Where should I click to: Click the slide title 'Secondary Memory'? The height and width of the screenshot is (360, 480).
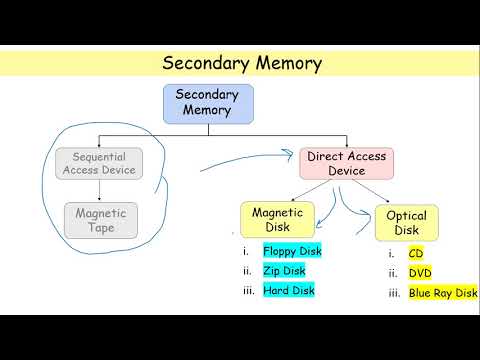243,64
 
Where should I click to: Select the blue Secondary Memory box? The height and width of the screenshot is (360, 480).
208,102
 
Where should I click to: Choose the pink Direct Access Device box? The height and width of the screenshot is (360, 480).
347,164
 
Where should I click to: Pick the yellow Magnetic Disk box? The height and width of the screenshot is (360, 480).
277,219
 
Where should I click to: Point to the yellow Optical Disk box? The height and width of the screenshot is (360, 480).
406,223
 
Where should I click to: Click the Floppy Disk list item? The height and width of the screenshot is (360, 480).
292,251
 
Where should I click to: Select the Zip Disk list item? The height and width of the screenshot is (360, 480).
284,270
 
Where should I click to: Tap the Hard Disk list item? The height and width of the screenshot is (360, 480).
289,290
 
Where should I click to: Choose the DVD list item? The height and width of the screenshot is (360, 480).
421,273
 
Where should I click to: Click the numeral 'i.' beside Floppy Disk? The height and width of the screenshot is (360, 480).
245,251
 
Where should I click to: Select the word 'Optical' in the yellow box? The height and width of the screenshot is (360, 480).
406,216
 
